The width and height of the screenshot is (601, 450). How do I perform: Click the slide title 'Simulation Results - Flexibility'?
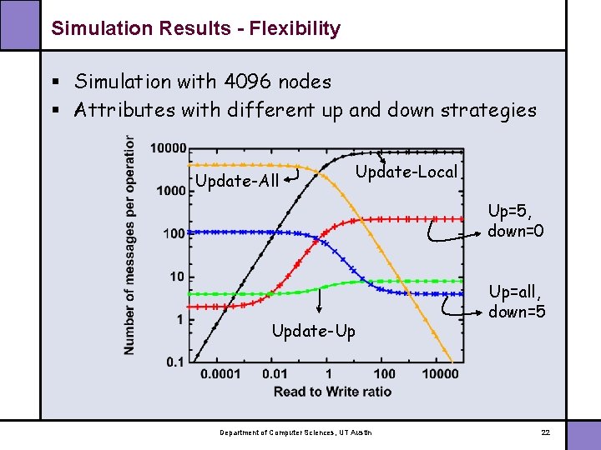(195, 28)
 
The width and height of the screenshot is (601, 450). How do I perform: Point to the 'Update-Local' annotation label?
(407, 172)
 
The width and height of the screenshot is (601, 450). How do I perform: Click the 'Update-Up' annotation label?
(313, 332)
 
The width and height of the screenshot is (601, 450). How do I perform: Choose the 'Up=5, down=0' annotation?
(516, 221)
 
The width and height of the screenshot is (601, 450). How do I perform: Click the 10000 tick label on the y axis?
(168, 148)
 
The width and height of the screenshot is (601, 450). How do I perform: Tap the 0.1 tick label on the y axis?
(175, 362)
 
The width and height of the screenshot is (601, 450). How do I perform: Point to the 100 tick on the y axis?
(174, 234)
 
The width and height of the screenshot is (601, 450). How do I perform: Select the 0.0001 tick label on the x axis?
(220, 374)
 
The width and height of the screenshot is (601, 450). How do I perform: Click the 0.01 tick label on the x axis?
(275, 374)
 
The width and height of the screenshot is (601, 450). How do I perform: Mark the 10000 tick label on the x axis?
(440, 374)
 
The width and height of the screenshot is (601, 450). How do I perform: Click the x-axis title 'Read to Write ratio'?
(331, 392)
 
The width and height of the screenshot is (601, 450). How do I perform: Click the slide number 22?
(545, 432)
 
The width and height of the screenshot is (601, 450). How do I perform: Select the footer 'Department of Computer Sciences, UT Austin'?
(296, 432)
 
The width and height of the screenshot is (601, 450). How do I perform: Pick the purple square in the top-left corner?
(18, 22)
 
